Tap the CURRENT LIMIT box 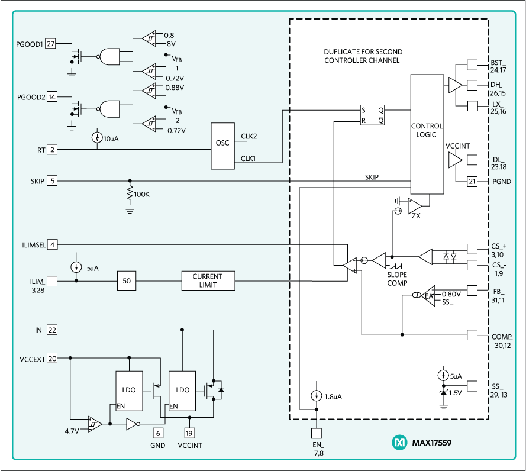pos(207,280)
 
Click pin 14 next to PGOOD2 pos(52,97)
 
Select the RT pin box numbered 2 pos(52,150)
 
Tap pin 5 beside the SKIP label pos(52,181)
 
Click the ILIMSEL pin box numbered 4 pos(52,244)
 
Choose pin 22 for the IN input pos(52,330)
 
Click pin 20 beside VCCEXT pos(52,358)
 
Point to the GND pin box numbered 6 pos(157,433)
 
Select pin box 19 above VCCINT pos(189,433)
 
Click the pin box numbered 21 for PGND pos(472,182)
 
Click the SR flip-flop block pos(372,115)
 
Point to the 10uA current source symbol pos(98,138)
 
